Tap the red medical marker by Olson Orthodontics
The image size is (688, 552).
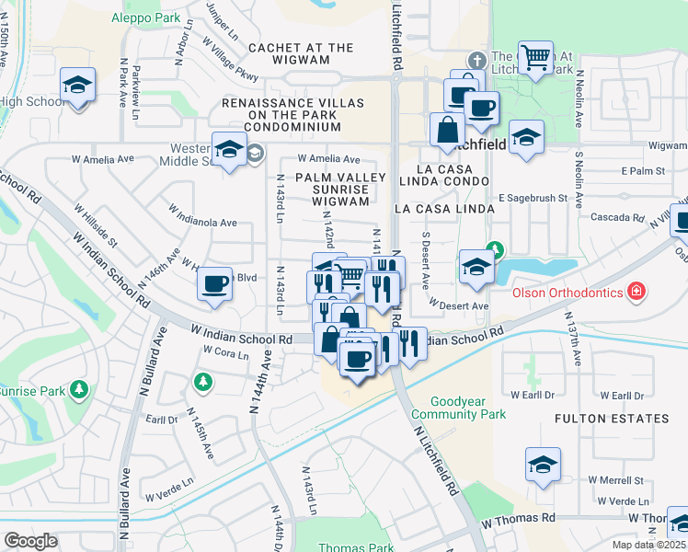[636, 293]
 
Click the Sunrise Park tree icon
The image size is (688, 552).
[80, 390]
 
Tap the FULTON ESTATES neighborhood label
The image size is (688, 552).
[612, 419]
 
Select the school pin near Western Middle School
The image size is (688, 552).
[228, 149]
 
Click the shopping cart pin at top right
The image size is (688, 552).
[534, 57]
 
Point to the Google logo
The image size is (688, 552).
[30, 541]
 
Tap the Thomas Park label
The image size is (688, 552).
[355, 547]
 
